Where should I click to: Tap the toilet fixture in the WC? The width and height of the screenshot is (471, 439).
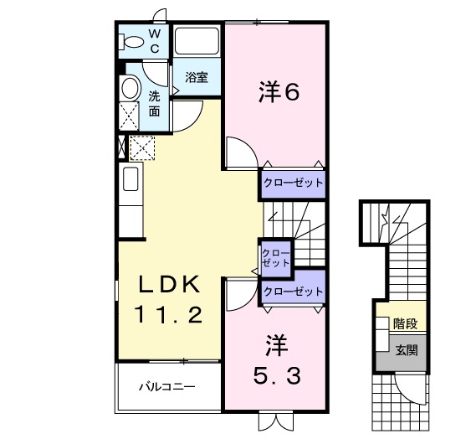tap(132, 40)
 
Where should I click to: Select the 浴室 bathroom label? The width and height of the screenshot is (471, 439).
tap(197, 78)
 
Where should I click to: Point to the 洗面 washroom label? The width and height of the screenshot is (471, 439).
tap(155, 102)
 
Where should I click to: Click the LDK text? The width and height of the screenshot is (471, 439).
tap(168, 286)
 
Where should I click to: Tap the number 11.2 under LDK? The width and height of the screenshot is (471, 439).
tap(168, 317)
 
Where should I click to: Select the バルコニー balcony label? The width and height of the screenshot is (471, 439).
tap(166, 388)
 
